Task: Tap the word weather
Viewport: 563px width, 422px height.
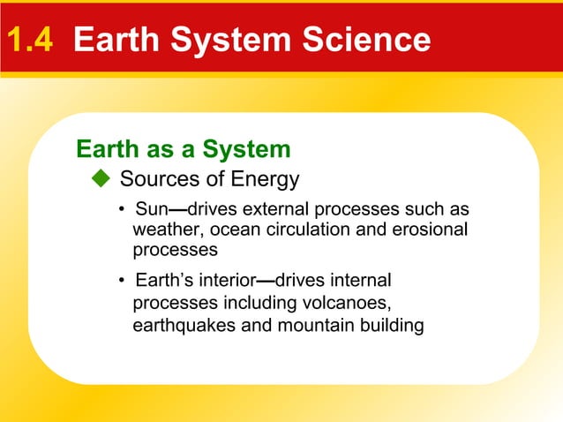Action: (163, 230)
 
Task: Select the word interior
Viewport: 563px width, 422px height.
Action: (226, 282)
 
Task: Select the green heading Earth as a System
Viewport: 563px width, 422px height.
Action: (184, 149)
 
